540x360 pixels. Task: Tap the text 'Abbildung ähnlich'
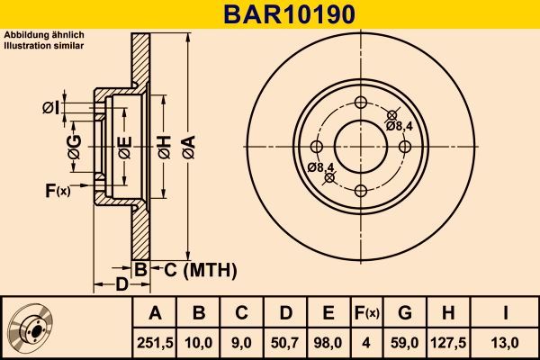[44, 34]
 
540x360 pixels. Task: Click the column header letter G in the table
[405, 312]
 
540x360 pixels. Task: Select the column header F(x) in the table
[366, 312]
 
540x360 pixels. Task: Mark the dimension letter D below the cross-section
[121, 285]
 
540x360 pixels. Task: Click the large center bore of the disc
[360, 146]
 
